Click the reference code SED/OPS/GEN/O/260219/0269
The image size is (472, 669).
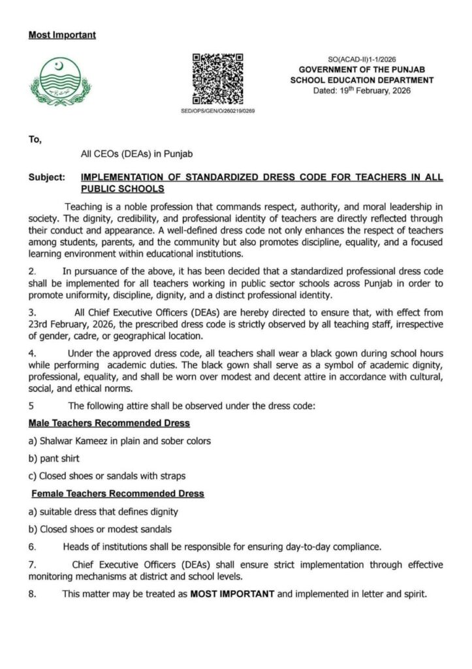tap(217, 111)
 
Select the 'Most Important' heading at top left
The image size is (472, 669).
tap(62, 35)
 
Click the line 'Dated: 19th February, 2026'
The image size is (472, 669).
tap(362, 90)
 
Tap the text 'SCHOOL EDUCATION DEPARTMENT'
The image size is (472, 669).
tap(362, 80)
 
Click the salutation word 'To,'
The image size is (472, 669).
tap(35, 139)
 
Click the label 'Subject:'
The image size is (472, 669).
tap(46, 178)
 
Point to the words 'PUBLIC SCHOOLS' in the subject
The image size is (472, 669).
tap(121, 189)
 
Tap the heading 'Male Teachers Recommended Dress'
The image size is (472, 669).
tap(109, 423)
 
